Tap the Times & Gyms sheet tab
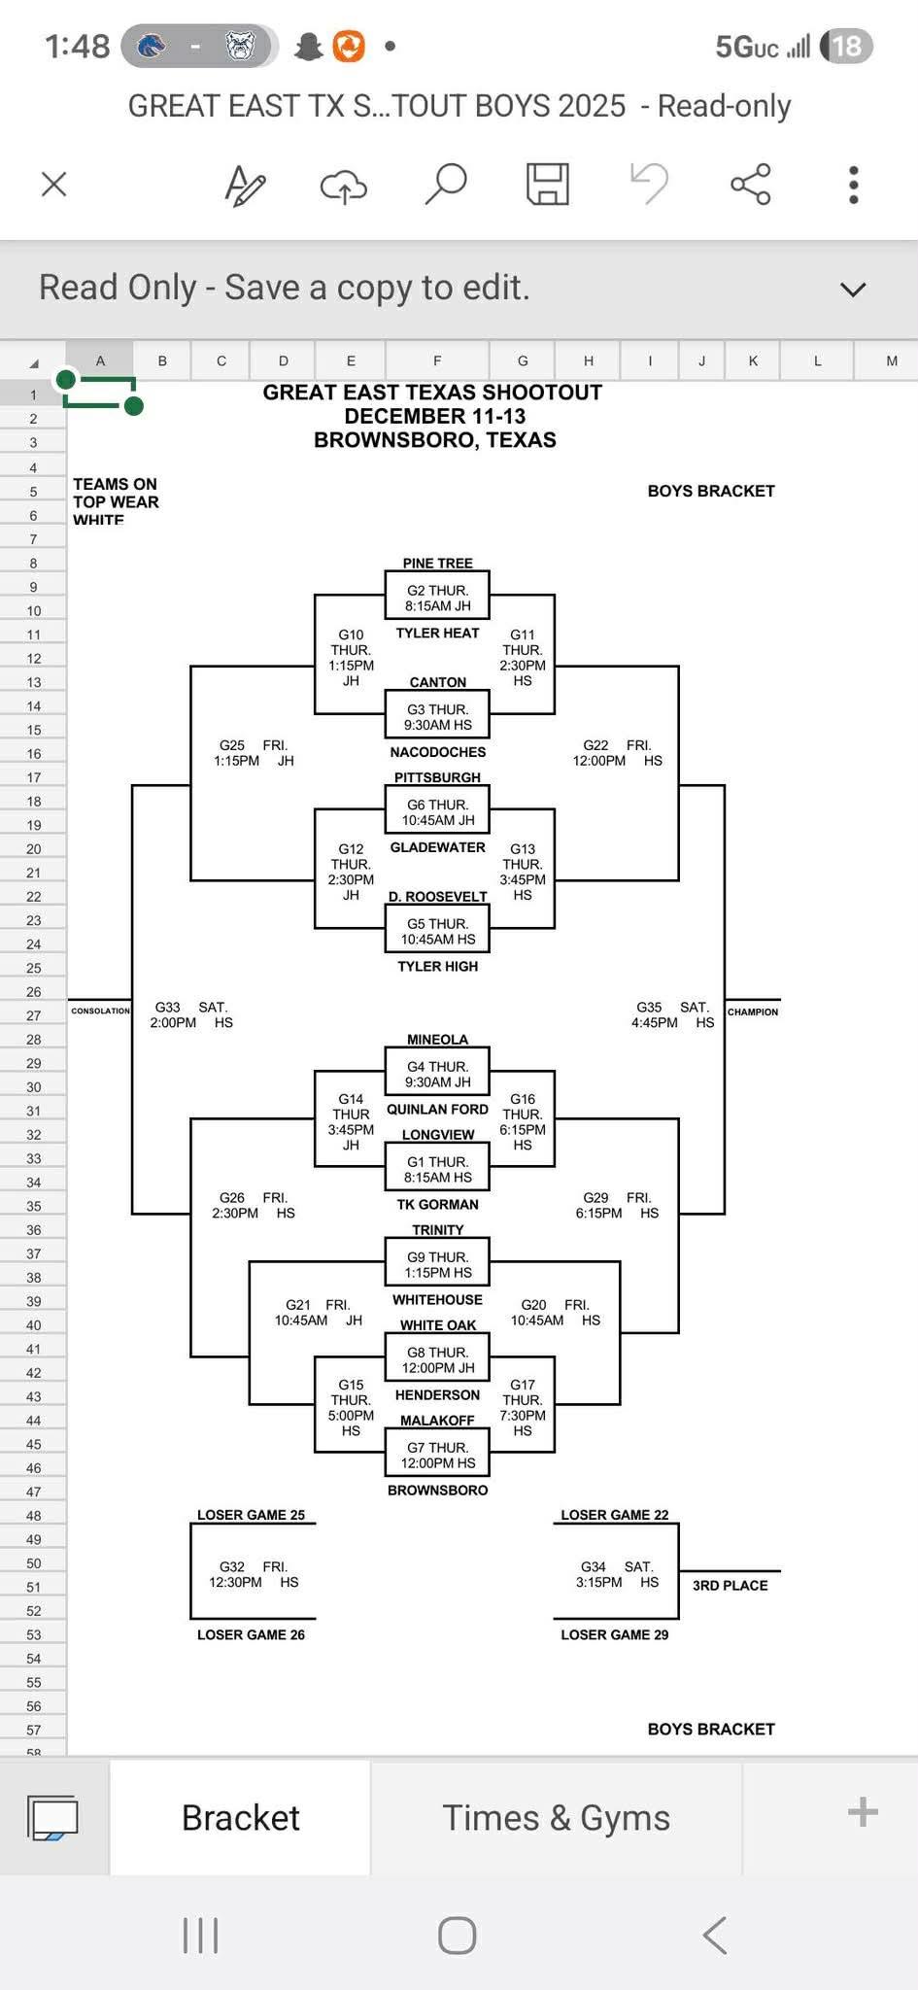coord(556,1817)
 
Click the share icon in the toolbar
coord(750,184)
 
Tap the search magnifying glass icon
coord(446,184)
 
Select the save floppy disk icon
coord(547,184)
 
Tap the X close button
coord(54,184)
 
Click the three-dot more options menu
coord(853,184)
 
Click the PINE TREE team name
coord(437,563)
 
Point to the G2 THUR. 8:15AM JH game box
coord(437,598)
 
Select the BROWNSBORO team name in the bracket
coord(437,1490)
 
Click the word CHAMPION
coord(753,1012)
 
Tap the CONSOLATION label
coord(100,1011)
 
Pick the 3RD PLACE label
coord(730,1585)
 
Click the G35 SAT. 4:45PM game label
coord(673,1014)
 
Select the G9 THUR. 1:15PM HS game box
coord(437,1264)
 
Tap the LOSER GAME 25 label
coord(251,1515)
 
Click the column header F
coord(437,360)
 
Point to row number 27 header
coord(33,1015)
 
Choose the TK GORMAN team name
coord(437,1204)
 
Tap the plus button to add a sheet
coord(862,1812)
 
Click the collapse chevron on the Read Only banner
coord(852,289)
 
